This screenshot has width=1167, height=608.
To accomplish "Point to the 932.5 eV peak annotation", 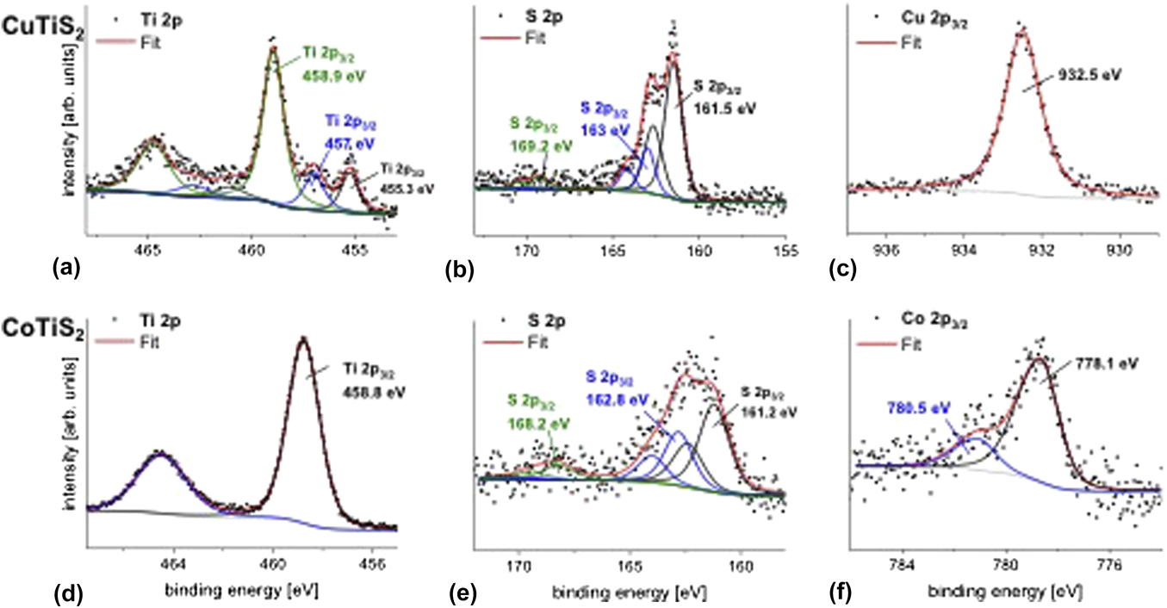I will (x=1092, y=74).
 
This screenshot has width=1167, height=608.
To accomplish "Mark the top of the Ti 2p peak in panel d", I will (x=302, y=338).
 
